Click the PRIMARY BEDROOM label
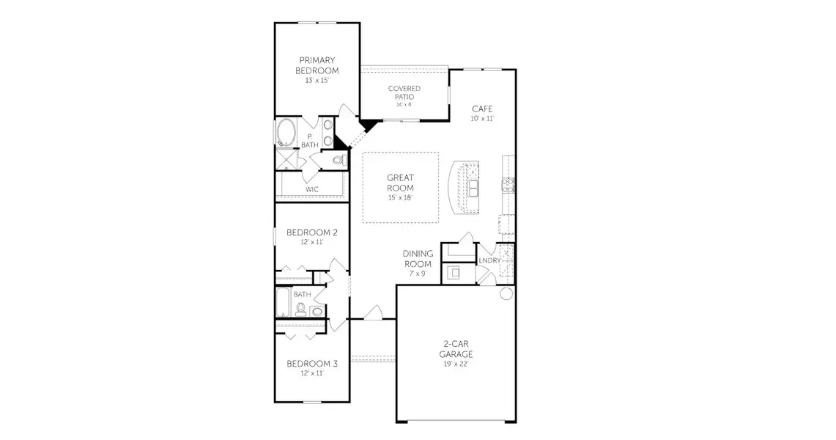click(x=317, y=65)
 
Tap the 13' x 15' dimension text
click(x=317, y=80)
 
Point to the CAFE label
click(x=481, y=109)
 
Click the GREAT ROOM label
click(x=401, y=183)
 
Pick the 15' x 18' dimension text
click(x=401, y=198)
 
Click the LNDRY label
click(x=489, y=260)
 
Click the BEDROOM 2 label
click(x=312, y=232)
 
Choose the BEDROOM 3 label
click(x=312, y=364)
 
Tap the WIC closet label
click(x=312, y=189)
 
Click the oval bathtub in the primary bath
click(x=286, y=134)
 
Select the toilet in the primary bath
click(x=339, y=159)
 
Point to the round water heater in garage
click(x=506, y=294)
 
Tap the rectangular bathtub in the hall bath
click(x=282, y=301)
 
